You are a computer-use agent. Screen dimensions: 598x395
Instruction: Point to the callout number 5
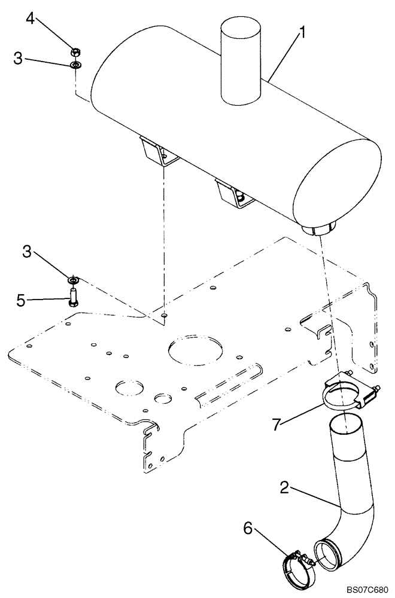20,300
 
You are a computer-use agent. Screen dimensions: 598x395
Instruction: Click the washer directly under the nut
75,65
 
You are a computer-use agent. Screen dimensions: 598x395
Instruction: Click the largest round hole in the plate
196,349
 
